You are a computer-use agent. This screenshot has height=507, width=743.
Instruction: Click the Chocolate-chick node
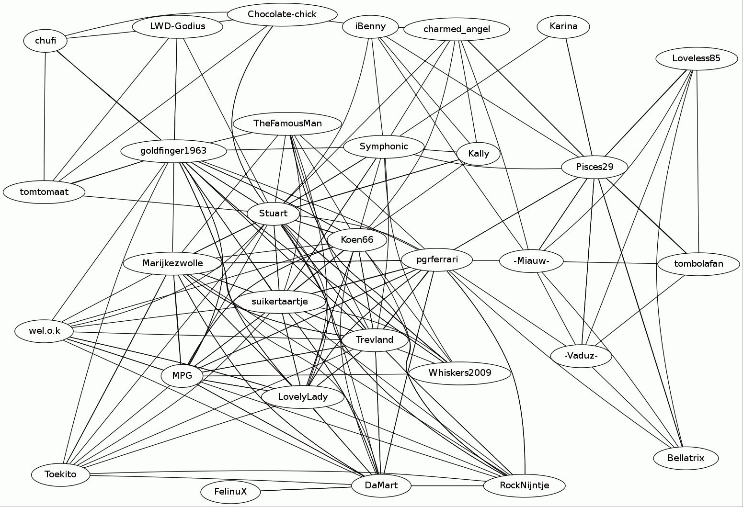282,14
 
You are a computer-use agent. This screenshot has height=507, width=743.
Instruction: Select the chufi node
46,41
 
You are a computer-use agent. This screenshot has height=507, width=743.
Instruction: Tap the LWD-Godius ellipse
177,26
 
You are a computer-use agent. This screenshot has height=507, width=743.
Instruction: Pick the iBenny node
371,26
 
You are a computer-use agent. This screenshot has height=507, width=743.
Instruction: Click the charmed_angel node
457,29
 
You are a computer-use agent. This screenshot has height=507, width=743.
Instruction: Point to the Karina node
563,26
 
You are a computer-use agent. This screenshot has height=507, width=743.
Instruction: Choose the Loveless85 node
697,59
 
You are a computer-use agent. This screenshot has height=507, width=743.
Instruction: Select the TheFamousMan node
287,124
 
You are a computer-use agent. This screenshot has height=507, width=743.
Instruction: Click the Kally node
479,154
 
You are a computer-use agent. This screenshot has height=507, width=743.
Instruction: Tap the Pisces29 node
594,167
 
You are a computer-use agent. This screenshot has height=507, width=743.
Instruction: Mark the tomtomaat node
44,192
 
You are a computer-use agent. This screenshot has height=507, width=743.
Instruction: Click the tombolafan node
698,264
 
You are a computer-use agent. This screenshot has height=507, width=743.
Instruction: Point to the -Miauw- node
531,261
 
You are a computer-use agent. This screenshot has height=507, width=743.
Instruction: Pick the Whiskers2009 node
459,373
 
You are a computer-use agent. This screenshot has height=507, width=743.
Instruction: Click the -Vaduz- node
581,356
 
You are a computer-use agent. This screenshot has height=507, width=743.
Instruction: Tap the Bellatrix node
686,458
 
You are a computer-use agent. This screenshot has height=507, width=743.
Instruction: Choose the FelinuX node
230,492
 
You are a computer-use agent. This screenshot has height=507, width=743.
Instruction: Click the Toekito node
60,474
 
